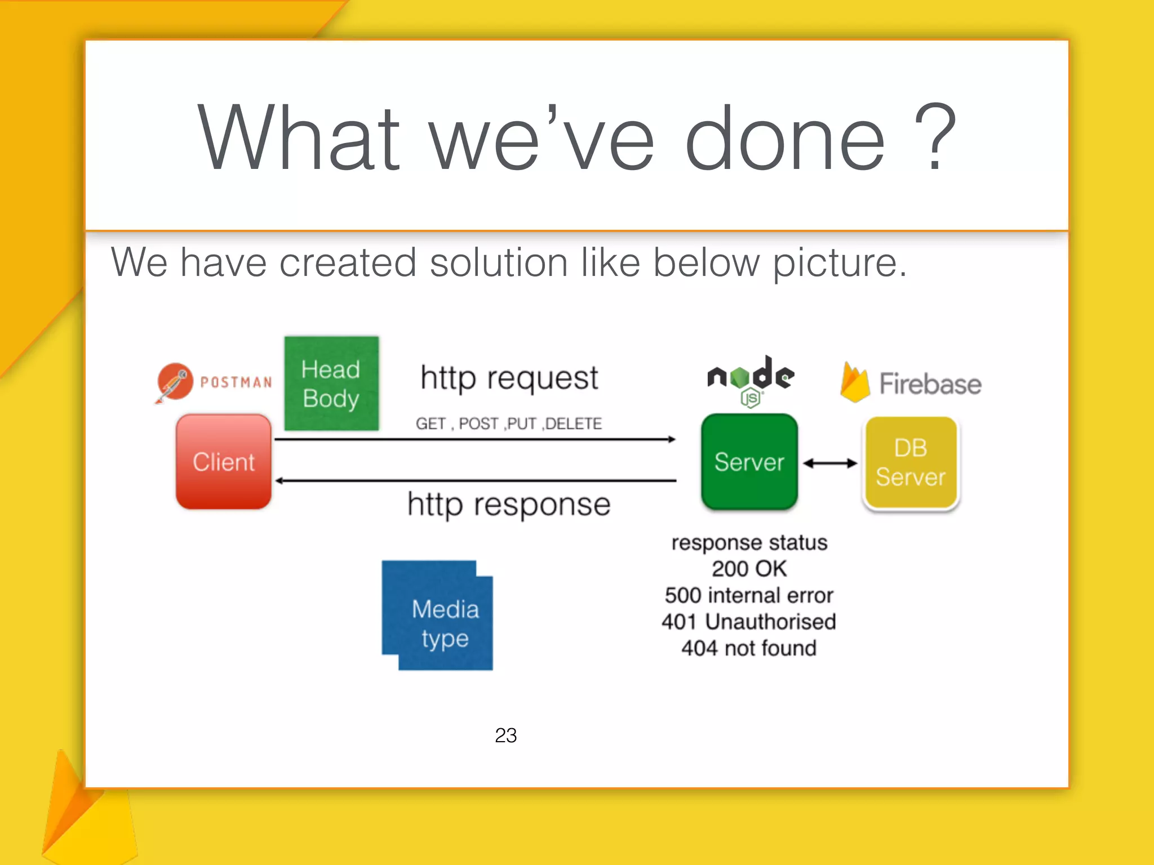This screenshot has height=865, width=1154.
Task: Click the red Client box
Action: tap(224, 462)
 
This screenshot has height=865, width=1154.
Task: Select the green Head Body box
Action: tap(331, 384)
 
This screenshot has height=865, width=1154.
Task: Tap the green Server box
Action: tap(749, 462)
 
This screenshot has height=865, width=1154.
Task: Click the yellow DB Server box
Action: tap(910, 463)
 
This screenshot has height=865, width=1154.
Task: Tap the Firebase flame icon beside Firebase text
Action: tap(854, 383)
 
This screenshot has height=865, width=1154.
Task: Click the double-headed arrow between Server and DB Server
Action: tap(830, 463)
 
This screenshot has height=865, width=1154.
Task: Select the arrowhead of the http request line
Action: tap(672, 439)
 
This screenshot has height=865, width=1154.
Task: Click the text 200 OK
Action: tap(748, 569)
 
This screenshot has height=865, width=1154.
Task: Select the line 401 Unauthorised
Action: tap(748, 622)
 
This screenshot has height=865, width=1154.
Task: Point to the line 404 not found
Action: tap(748, 648)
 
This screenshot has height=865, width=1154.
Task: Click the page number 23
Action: tap(505, 735)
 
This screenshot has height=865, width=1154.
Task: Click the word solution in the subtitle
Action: tap(498, 262)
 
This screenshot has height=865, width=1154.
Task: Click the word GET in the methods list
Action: tap(430, 423)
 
